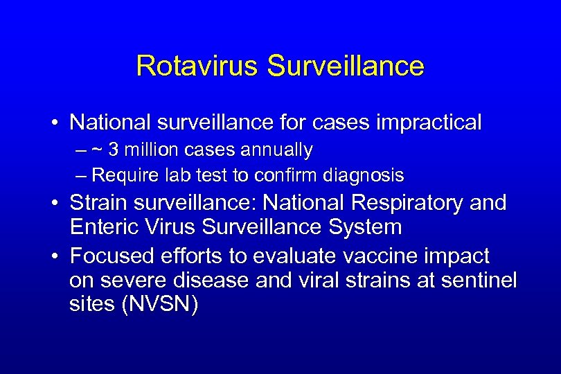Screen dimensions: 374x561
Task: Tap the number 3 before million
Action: pos(122,150)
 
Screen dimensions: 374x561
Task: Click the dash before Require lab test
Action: pos(82,175)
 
